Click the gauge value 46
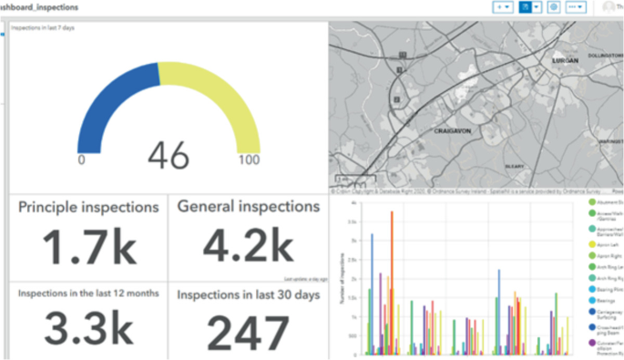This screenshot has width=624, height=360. click(169, 155)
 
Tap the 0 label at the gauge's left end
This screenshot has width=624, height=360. click(81, 160)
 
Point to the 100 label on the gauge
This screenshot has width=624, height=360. click(249, 160)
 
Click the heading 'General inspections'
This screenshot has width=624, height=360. click(247, 207)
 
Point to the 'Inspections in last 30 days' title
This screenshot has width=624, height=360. click(247, 294)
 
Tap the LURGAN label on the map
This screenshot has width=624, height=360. click(566, 60)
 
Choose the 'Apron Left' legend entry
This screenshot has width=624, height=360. click(608, 245)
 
